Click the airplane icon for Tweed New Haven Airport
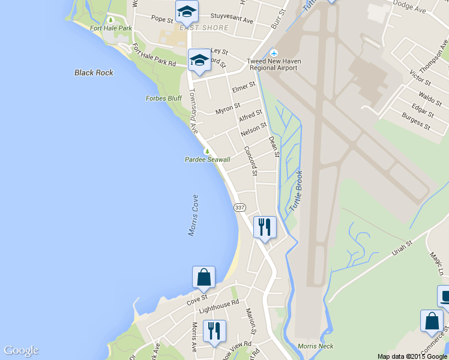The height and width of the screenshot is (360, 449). coord(275,53)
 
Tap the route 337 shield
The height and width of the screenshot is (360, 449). coord(240,207)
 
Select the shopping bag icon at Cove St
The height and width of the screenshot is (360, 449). coord(203,277)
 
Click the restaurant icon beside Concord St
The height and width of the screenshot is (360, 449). coord(265,227)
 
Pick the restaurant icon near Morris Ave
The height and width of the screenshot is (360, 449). coord(214,331)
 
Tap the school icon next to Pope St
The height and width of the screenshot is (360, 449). coord(187,11)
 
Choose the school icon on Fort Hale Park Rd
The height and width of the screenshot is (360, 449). coord(199,59)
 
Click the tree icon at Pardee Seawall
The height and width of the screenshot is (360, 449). coord(207,151)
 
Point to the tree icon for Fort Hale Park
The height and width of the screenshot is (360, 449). coord(110,20)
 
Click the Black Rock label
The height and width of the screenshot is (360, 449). coord(94,73)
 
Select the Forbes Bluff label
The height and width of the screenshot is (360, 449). coord(163,98)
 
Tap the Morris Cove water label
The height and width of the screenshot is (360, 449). coord(193,215)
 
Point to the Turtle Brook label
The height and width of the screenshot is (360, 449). coord(296,191)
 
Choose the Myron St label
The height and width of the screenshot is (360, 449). coord(228,109)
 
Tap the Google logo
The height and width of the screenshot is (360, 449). coord(21,350)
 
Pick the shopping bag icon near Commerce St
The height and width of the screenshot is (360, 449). coord(432,321)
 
